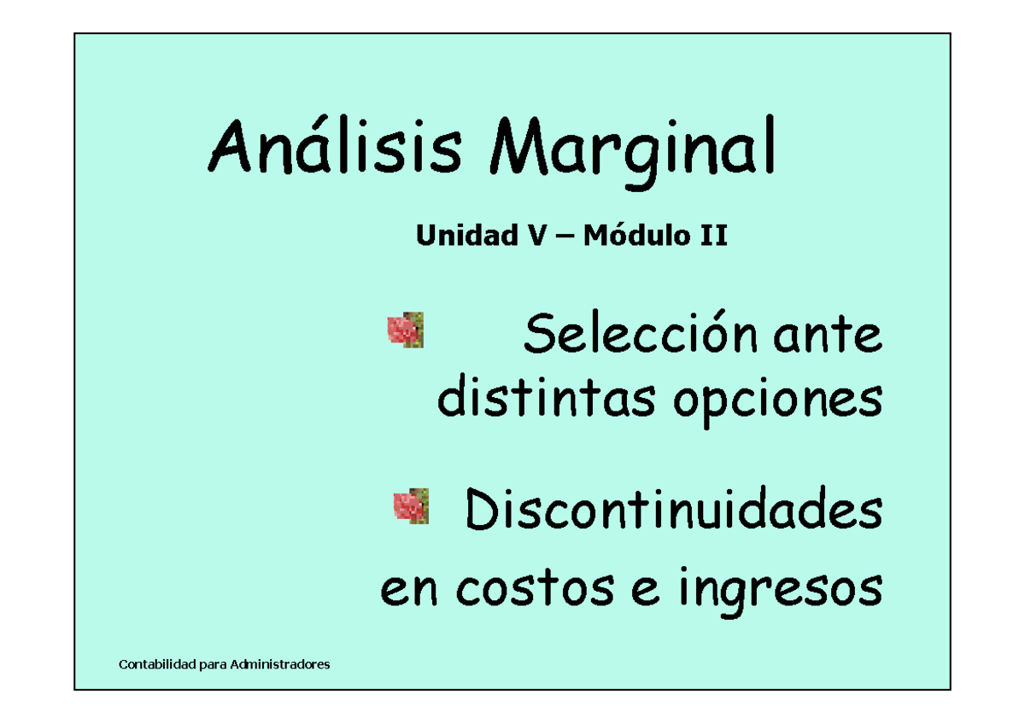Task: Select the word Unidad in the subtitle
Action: [457, 236]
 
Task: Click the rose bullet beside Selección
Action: [405, 330]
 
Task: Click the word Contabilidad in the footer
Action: [156, 664]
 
